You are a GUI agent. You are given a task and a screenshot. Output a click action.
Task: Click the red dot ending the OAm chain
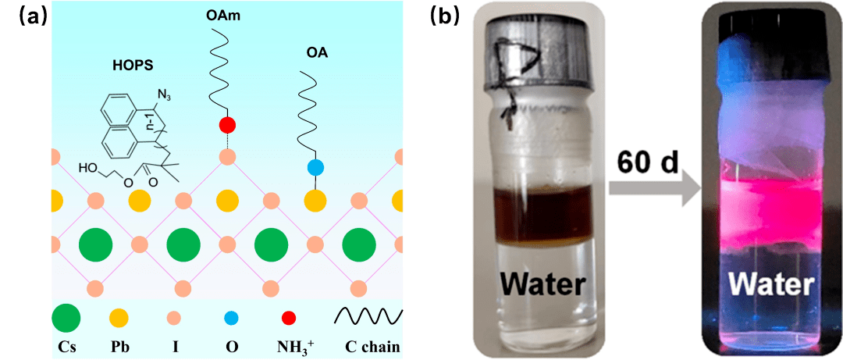(227, 124)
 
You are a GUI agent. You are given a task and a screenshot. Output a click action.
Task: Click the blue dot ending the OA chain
(315, 167)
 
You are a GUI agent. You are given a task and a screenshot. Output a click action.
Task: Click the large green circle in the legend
(66, 317)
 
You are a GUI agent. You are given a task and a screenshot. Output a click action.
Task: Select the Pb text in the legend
(119, 344)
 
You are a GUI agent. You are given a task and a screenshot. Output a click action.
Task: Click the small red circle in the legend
(289, 317)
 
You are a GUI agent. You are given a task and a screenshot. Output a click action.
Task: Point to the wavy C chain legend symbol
(368, 315)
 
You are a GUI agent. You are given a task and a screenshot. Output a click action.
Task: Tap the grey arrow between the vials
(646, 192)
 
